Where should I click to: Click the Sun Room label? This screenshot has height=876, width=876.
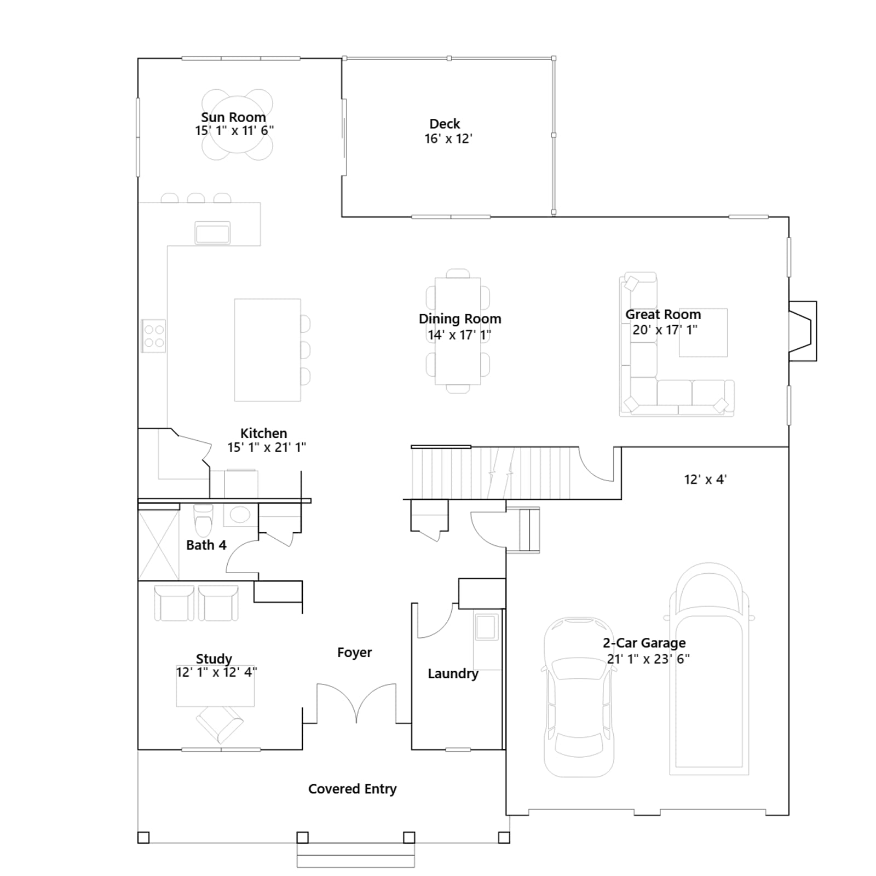coord(233,117)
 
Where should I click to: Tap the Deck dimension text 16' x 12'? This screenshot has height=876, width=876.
coord(448,139)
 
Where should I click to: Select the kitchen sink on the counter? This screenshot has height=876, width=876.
coord(212,233)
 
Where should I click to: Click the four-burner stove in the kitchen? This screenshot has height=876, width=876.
coord(153,336)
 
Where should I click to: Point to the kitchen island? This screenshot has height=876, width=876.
coord(267,350)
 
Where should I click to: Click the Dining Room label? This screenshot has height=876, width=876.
coord(460,319)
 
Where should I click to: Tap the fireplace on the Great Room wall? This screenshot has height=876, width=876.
coord(802,331)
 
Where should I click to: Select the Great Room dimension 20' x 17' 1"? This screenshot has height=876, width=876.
coord(665,330)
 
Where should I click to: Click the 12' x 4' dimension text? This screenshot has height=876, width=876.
coord(705,480)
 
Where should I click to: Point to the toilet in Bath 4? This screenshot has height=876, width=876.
coord(203,520)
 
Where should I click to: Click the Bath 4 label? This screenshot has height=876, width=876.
coord(206,545)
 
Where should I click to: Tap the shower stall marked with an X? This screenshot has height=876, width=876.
coord(158,545)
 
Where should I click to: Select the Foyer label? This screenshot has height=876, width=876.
coord(354,652)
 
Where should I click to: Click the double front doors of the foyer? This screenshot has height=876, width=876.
coord(356,704)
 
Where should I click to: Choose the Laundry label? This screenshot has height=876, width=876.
coord(453,673)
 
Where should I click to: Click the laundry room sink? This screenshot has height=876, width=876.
coord(487,627)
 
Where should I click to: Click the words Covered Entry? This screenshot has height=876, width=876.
coord(352,789)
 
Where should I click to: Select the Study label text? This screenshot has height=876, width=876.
coord(214,659)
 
